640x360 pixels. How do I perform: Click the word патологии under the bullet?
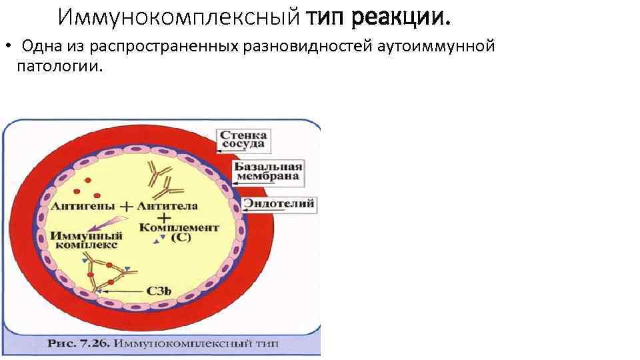tap(60, 67)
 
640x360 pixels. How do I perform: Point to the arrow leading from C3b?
tap(123, 291)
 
